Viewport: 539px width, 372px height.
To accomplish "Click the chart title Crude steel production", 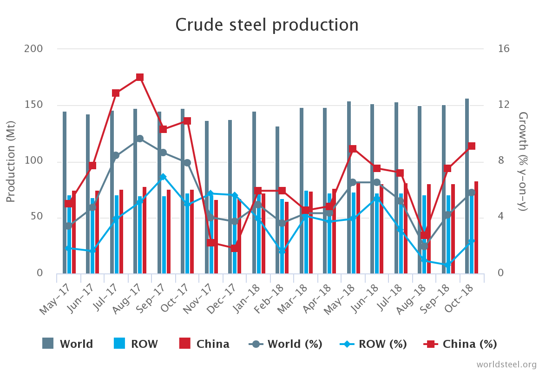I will (x=267, y=25).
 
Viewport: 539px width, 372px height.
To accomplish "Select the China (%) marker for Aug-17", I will (x=140, y=77).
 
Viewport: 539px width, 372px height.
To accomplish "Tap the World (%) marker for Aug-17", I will (x=140, y=139).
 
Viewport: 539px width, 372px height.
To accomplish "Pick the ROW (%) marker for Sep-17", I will (x=163, y=177).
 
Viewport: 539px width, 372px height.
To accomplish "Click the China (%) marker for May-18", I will (x=353, y=149).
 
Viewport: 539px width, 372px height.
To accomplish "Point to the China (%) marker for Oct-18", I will (x=472, y=146).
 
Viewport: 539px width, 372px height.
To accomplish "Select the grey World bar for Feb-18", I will (x=277, y=200).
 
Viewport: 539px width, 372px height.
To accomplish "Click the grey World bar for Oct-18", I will (x=467, y=186).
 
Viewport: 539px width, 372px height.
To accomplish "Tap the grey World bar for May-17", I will (x=65, y=193).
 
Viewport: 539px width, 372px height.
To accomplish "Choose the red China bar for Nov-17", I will (x=216, y=237).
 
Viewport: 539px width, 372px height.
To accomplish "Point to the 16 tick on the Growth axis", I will (x=504, y=49).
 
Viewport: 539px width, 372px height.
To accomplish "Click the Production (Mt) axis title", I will (x=11, y=161).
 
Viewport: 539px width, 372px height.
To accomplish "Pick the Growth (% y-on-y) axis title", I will (x=523, y=161).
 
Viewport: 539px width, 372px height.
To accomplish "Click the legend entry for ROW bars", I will (x=136, y=344).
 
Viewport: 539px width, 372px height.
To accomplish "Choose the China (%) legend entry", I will (x=460, y=344).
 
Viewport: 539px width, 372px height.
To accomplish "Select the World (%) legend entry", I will (x=286, y=344).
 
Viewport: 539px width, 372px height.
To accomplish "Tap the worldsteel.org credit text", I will (x=506, y=364).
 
